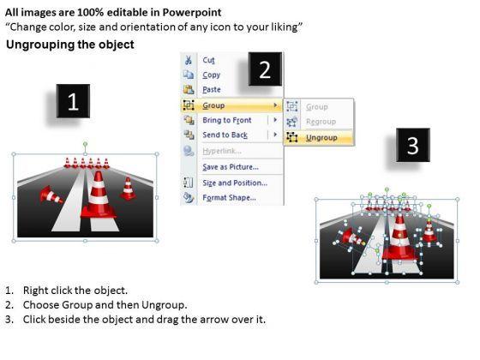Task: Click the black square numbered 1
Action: tap(73, 101)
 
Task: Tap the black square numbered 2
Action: tap(265, 69)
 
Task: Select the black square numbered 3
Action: tap(413, 145)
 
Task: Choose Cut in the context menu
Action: tap(208, 60)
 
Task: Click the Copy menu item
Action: tap(211, 75)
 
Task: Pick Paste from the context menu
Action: tap(212, 90)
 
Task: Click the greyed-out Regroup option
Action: tap(321, 122)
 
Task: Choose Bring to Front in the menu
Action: tap(227, 120)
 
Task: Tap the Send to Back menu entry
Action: tap(225, 135)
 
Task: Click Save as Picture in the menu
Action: tap(231, 167)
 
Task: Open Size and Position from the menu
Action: tap(235, 183)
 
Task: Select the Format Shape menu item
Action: tap(230, 198)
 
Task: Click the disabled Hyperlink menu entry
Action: tap(222, 151)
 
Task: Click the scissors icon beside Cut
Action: tap(189, 60)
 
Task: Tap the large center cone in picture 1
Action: tap(99, 195)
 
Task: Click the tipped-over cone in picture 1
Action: tap(51, 195)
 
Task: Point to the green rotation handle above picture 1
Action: tap(86, 144)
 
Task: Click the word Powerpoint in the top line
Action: tap(192, 13)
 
